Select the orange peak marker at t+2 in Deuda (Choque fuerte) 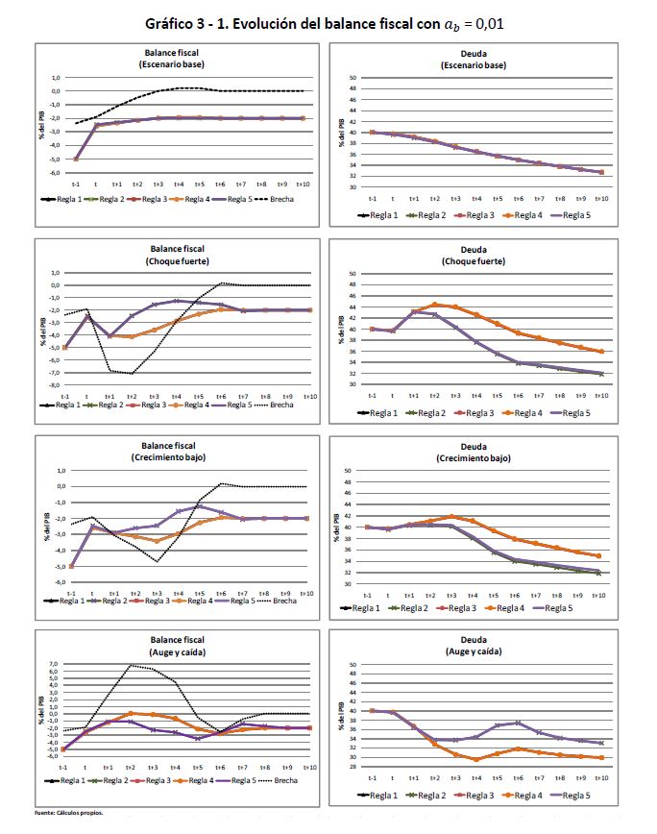pyautogui.click(x=434, y=305)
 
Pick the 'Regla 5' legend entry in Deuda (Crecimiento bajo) pyautogui.click(x=576, y=609)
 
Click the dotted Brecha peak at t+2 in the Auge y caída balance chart pyautogui.click(x=133, y=665)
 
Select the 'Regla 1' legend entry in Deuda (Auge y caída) pyautogui.click(x=380, y=795)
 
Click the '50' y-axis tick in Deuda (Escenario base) pyautogui.click(x=353, y=78)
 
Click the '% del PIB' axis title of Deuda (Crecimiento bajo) pyautogui.click(x=342, y=527)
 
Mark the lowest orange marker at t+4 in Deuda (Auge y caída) pyautogui.click(x=475, y=759)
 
